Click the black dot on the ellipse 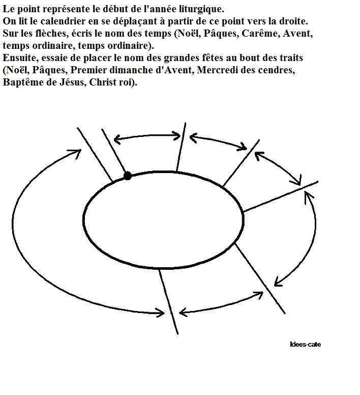128,176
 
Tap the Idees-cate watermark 305,345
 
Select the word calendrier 63,21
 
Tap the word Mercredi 217,70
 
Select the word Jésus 72,82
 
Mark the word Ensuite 20,58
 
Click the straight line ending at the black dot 114,151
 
